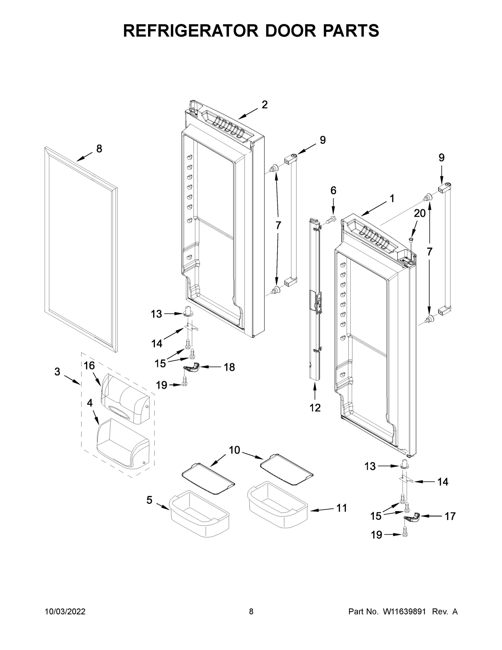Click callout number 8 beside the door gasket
(99, 148)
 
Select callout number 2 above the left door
(264, 105)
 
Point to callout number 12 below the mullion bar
(315, 407)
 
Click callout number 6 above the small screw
(333, 190)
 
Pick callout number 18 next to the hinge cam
(229, 367)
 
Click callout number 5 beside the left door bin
(149, 500)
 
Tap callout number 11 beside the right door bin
(342, 508)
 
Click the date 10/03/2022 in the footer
(65, 612)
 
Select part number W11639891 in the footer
(404, 612)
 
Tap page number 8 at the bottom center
(251, 612)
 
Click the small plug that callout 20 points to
(411, 239)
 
